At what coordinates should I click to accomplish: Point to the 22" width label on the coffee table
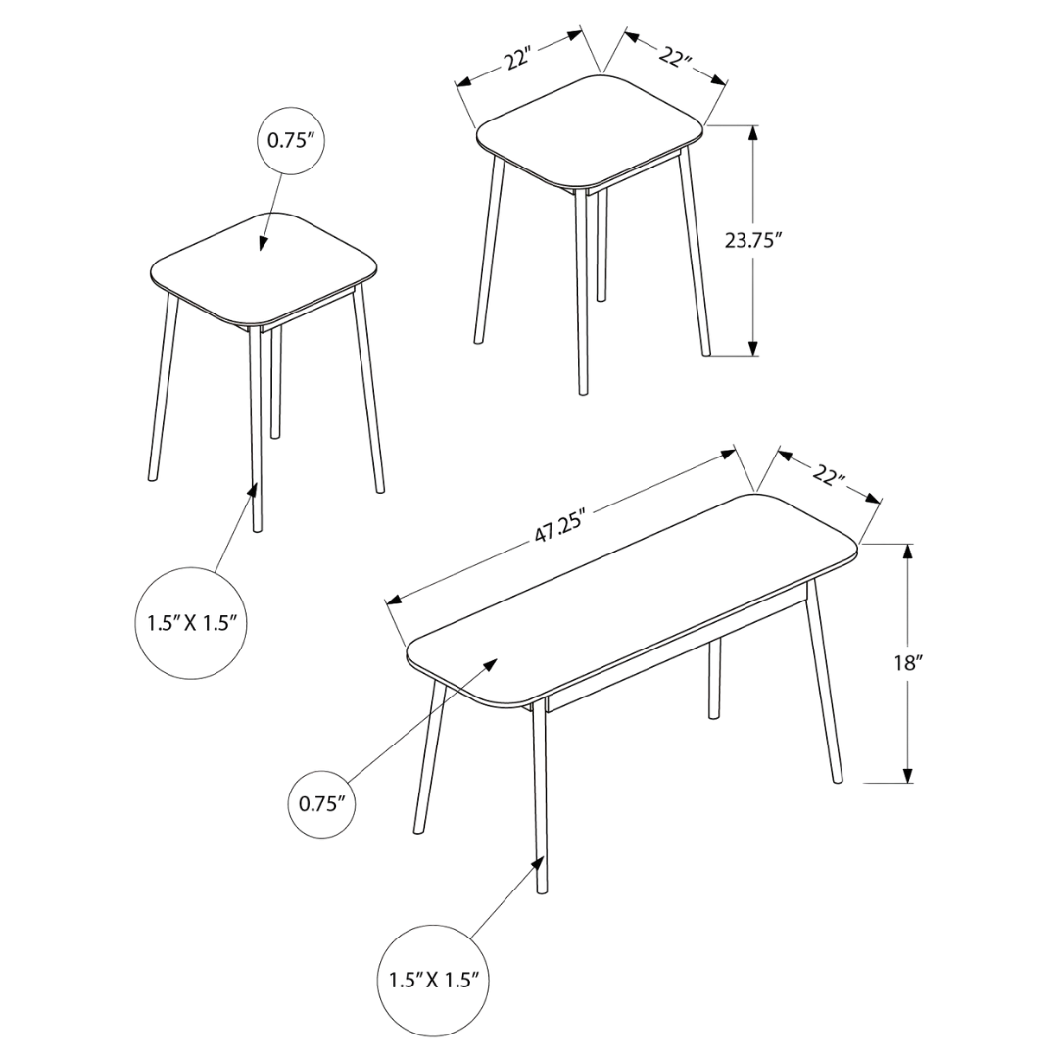point(829,475)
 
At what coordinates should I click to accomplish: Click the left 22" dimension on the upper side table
point(517,60)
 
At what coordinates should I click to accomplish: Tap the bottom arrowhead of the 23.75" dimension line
point(753,348)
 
